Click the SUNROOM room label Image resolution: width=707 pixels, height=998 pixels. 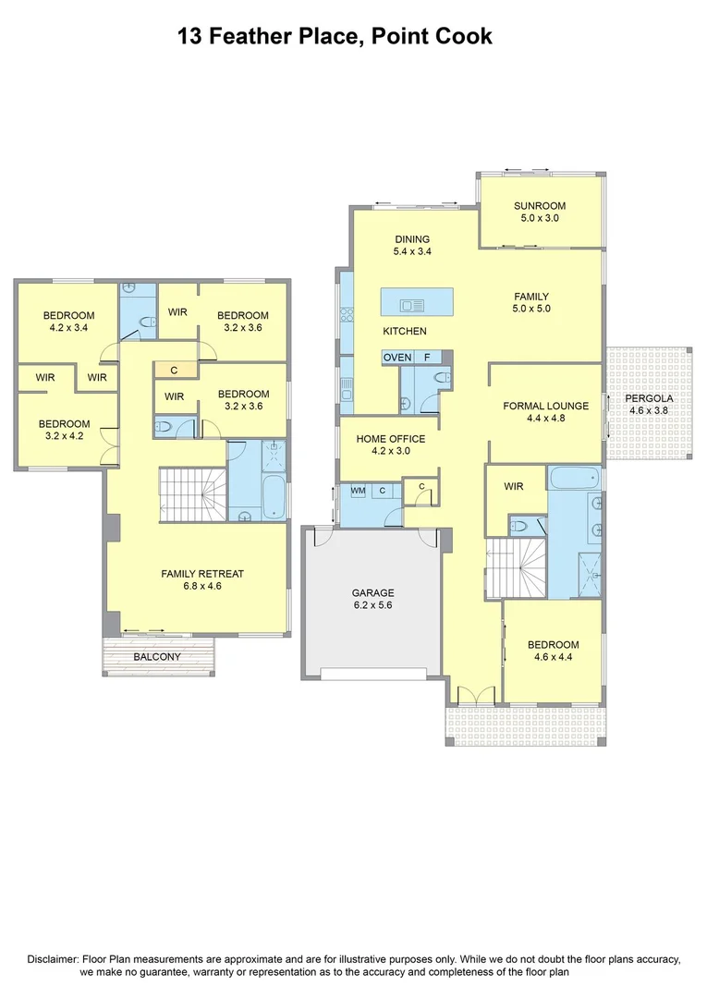point(540,206)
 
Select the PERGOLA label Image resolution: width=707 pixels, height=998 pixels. point(652,398)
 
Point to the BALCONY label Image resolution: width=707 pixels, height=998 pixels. point(157,657)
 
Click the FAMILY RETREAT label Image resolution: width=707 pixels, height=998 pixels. point(202,574)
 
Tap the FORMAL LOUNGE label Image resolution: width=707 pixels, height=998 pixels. point(545,406)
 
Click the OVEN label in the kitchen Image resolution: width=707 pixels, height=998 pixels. point(397,357)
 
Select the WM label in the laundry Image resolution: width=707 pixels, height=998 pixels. point(357,491)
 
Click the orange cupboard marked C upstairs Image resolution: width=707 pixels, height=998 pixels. point(173,371)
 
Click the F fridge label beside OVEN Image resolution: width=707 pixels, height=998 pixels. point(427,357)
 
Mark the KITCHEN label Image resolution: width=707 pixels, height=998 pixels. point(405,331)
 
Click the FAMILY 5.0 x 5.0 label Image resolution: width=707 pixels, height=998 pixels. point(531,302)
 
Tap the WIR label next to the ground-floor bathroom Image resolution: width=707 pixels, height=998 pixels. point(514,486)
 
